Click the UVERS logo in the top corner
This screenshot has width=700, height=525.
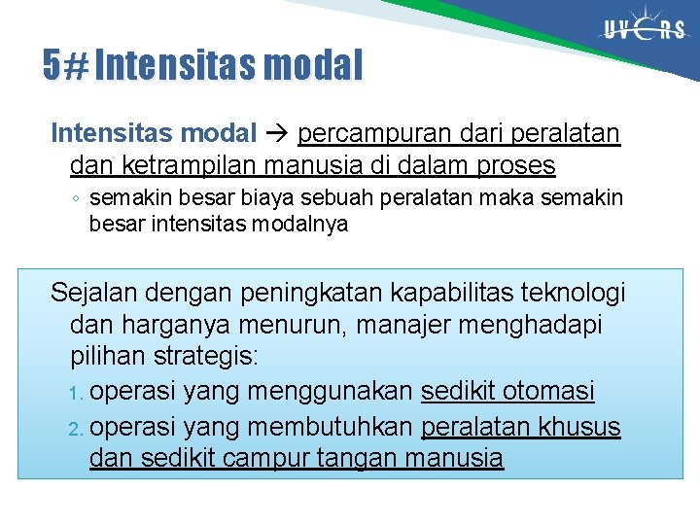643,30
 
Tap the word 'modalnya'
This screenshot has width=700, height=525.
303,225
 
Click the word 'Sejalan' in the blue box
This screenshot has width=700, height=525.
95,292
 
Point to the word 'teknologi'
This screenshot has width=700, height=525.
578,292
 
